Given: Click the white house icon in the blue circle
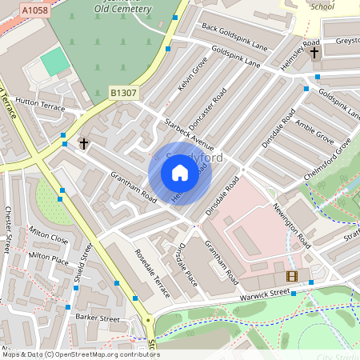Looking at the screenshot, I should click(180, 173).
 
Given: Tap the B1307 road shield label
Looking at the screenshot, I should click(123, 93).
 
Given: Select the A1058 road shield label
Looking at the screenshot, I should click(34, 10).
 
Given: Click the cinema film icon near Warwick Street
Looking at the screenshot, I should click(291, 276).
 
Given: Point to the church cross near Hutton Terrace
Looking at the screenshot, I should click(83, 143).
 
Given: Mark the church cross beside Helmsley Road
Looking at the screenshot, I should click(314, 53).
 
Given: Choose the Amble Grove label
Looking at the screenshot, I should click(315, 131).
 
